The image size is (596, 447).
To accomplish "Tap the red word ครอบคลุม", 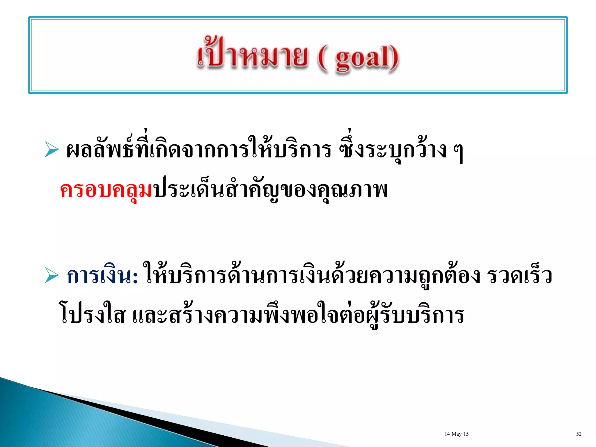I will coord(106,191).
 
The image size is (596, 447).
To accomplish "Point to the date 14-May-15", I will coord(456,434).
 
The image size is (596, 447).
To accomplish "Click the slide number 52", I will coord(579,434).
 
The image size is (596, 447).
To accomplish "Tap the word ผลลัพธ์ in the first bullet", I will coord(100,150).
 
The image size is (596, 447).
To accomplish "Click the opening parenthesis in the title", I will coord(322,58).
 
